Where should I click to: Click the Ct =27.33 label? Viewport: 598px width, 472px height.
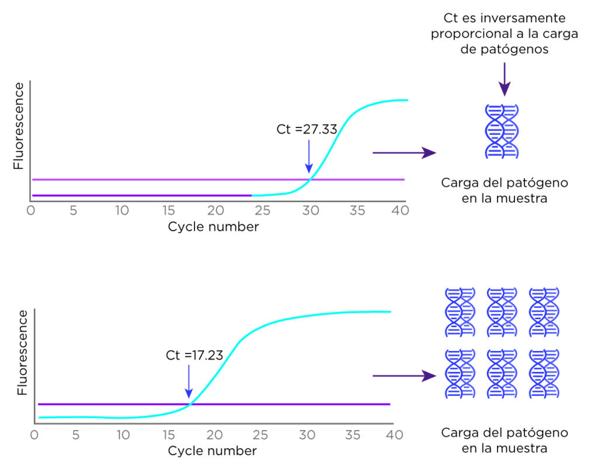point(307,129)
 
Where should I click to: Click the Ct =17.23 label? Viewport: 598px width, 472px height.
point(194,355)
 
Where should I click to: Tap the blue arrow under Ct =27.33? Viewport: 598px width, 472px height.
point(309,157)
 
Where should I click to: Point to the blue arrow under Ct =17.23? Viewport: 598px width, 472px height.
point(189,381)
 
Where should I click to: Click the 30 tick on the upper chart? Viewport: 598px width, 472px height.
point(311,210)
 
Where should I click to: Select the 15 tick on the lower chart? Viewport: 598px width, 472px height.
point(169,435)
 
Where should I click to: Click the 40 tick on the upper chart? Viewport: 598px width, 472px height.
point(400,210)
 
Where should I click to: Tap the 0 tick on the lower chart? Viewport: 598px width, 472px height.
point(34,435)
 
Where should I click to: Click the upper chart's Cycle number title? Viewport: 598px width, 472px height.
point(213,227)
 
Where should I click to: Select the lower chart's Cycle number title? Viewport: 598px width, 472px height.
point(212,450)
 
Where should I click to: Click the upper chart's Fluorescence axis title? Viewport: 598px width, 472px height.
point(18,126)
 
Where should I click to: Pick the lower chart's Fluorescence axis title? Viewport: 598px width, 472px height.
point(23,353)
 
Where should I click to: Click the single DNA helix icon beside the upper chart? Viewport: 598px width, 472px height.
point(502,131)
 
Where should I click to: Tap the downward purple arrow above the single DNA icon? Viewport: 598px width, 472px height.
point(505,79)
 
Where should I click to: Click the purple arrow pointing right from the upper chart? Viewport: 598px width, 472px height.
point(404,152)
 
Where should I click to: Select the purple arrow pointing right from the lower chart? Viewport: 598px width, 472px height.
point(404,376)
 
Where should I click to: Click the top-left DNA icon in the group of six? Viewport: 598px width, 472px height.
point(460,312)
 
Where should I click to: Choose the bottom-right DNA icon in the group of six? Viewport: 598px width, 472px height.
point(544,373)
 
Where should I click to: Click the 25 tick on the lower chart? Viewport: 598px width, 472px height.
point(260,435)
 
